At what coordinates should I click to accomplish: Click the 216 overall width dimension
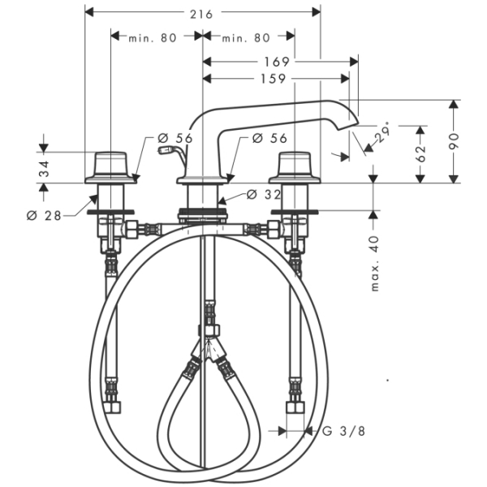click(x=202, y=14)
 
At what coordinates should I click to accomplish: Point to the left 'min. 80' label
click(x=153, y=37)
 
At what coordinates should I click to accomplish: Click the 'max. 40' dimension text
click(x=374, y=264)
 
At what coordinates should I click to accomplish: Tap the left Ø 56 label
click(x=176, y=139)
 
